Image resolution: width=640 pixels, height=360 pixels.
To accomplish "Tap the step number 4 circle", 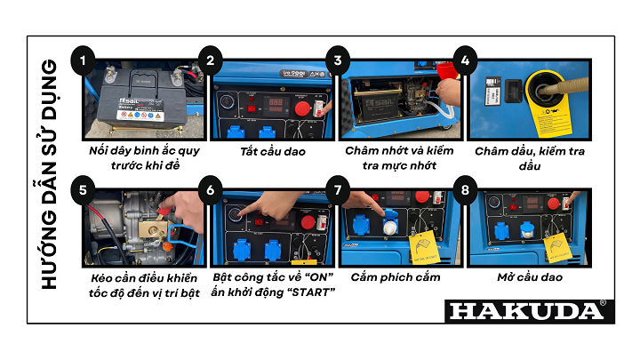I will pyautogui.click(x=463, y=61).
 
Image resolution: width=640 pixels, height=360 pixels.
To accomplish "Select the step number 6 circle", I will pyautogui.click(x=211, y=189).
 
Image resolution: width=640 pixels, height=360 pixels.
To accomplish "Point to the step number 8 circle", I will pyautogui.click(x=463, y=189).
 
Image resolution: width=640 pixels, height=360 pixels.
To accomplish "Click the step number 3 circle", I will pyautogui.click(x=337, y=61).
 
